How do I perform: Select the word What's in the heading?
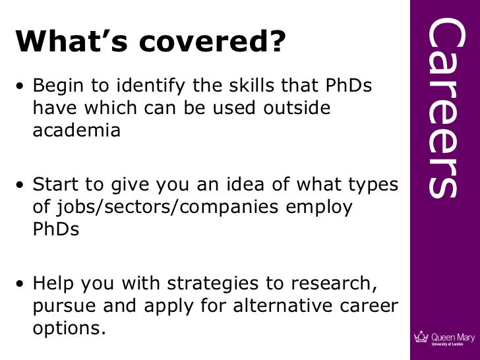tap(73, 43)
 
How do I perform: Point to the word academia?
tap(76, 130)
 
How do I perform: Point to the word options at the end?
tap(69, 328)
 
